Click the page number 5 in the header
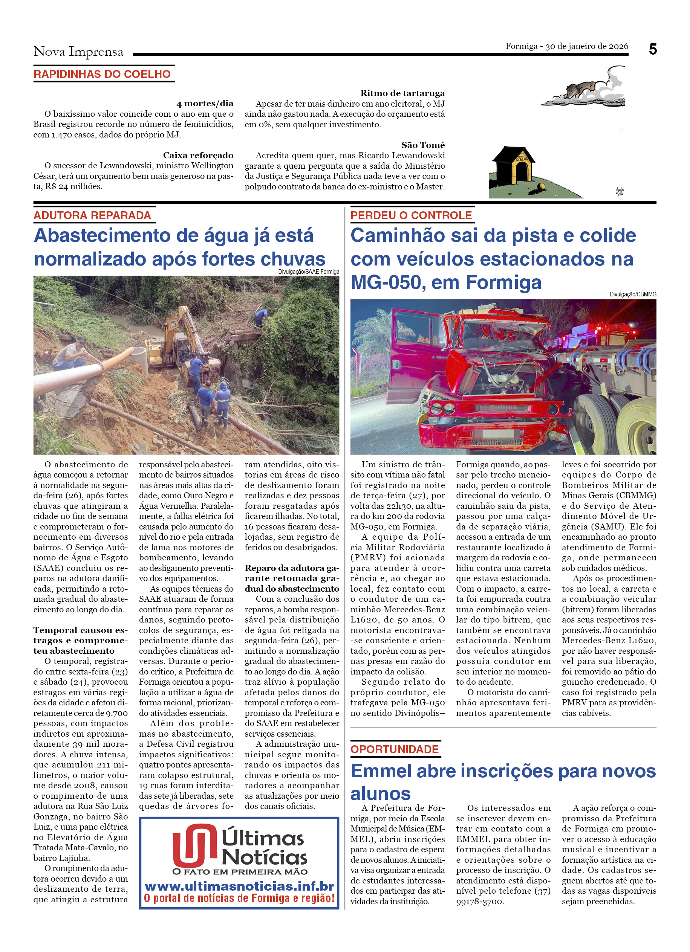pyautogui.click(x=652, y=50)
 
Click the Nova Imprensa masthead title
pyautogui.click(x=78, y=52)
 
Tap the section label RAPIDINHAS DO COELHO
pyautogui.click(x=102, y=74)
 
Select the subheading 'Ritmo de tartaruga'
pyautogui.click(x=402, y=93)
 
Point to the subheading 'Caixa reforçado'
pyautogui.click(x=198, y=155)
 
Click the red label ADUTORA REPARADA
pyautogui.click(x=92, y=215)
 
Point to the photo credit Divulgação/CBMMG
pyautogui.click(x=632, y=294)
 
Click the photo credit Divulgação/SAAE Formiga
pyautogui.click(x=308, y=272)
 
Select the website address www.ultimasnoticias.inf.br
pyautogui.click(x=239, y=886)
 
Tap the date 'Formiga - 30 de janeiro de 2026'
pyautogui.click(x=566, y=46)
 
